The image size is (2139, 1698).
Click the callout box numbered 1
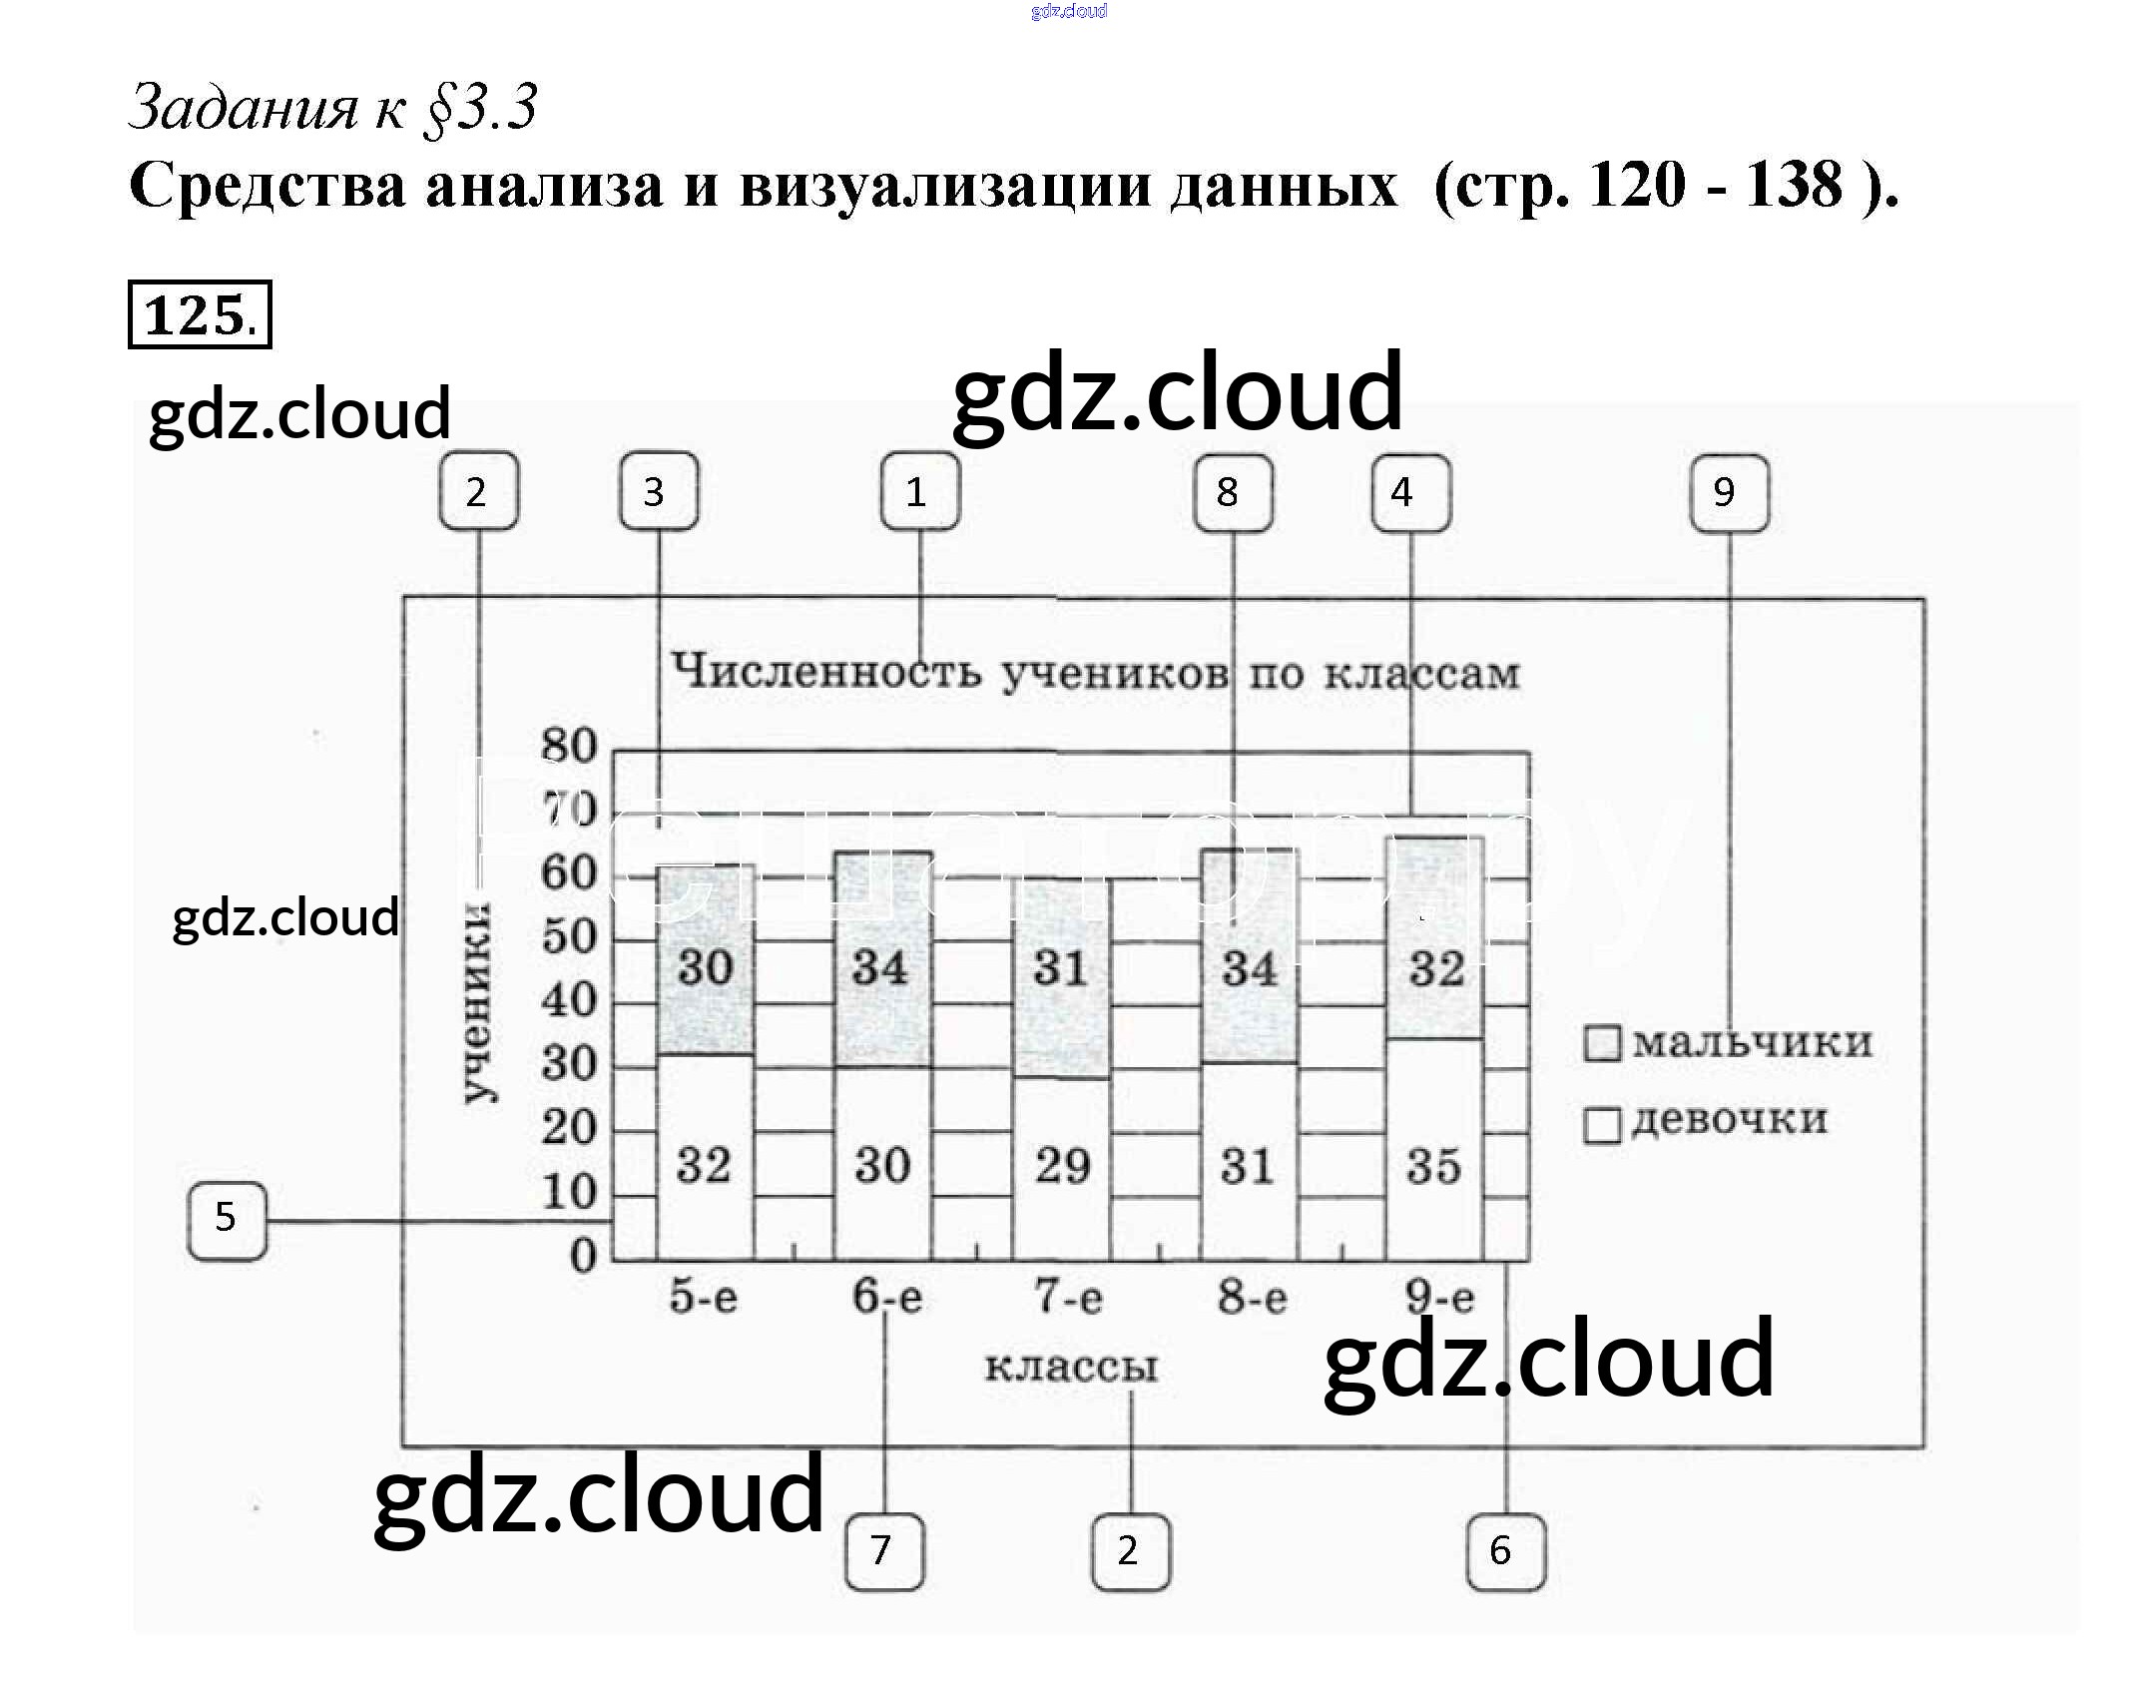click(x=919, y=491)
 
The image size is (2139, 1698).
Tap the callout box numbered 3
click(x=658, y=491)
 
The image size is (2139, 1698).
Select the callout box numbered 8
click(x=1233, y=491)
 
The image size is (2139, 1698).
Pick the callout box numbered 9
click(x=1729, y=491)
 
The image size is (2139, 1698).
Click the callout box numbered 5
click(x=228, y=1219)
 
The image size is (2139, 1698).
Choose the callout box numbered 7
click(x=883, y=1550)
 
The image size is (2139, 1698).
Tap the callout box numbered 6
click(x=1505, y=1550)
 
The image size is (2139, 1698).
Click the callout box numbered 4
click(x=1410, y=491)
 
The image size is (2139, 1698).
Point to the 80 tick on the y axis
click(x=569, y=746)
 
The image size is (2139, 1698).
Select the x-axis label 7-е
click(x=1068, y=1297)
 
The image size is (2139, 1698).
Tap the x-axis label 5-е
click(x=704, y=1297)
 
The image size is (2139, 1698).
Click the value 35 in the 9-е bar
click(x=1434, y=1166)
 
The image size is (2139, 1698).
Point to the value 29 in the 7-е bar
click(x=1062, y=1166)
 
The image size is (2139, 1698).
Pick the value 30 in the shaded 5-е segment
click(x=706, y=967)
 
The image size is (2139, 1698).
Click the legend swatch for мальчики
click(x=1602, y=1043)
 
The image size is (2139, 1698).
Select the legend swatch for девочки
click(x=1602, y=1125)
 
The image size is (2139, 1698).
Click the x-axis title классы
click(x=1071, y=1367)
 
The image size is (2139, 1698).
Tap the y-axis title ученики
click(x=477, y=1001)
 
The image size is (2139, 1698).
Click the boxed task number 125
click(x=200, y=315)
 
